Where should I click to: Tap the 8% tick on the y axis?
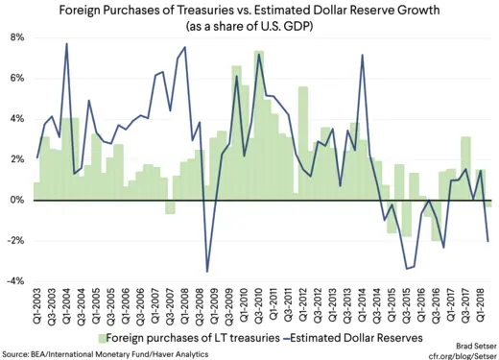click(x=18, y=37)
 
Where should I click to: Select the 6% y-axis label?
click(x=18, y=78)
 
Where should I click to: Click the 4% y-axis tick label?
click(x=18, y=119)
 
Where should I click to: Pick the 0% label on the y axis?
click(x=18, y=200)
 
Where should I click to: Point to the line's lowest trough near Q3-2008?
click(x=207, y=272)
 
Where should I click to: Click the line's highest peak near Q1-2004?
click(x=66, y=44)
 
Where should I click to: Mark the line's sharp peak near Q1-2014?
click(x=362, y=55)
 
